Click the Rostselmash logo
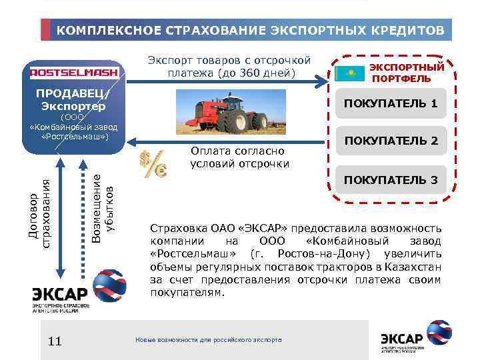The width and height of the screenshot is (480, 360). (x=74, y=71)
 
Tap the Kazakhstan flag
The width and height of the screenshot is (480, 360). (x=349, y=73)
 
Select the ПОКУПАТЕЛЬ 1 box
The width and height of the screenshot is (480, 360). (x=390, y=103)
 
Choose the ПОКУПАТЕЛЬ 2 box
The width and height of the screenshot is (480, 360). (x=390, y=141)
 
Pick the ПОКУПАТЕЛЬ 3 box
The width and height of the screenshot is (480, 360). (x=390, y=180)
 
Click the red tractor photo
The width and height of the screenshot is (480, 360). (x=221, y=112)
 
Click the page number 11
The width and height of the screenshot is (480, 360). (x=55, y=341)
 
